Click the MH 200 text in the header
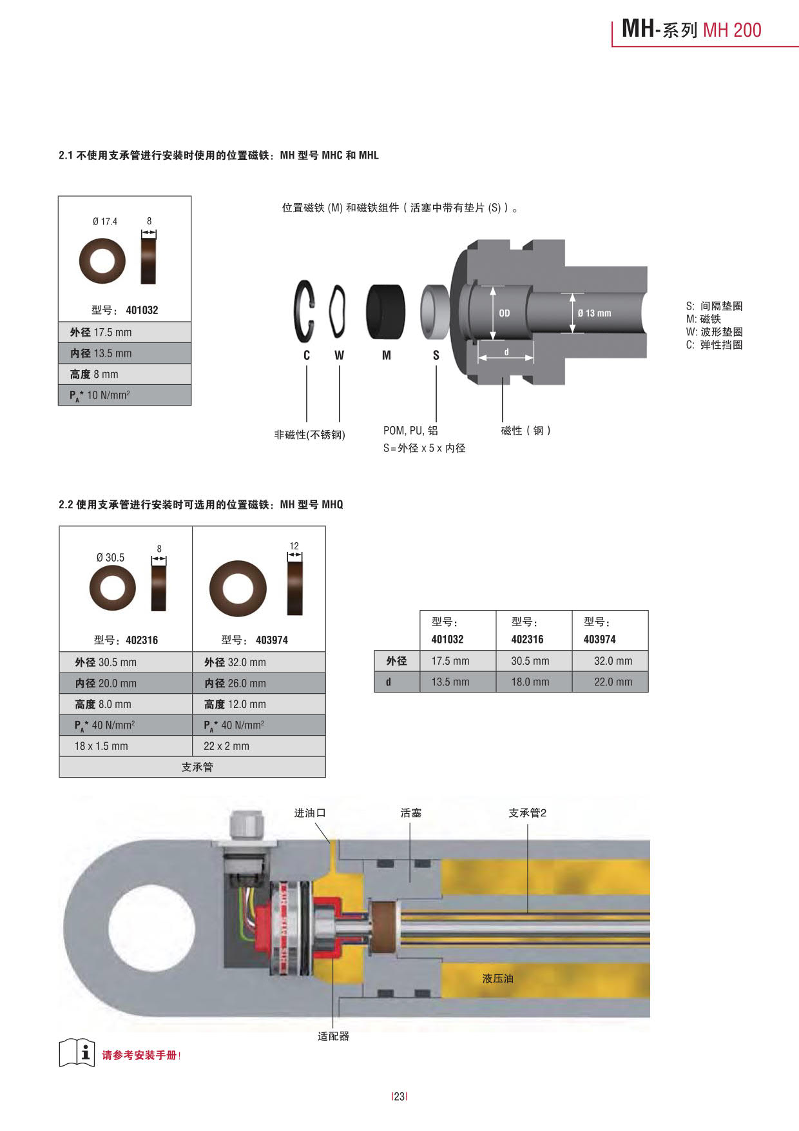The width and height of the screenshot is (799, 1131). pyautogui.click(x=732, y=30)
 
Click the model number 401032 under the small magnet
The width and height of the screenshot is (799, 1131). pyautogui.click(x=142, y=310)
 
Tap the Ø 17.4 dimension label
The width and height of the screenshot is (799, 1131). pyautogui.click(x=105, y=222)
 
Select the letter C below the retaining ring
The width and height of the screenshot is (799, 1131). pyautogui.click(x=307, y=355)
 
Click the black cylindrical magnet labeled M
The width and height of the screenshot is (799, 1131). pyautogui.click(x=385, y=312)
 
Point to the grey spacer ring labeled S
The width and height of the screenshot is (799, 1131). pyautogui.click(x=434, y=312)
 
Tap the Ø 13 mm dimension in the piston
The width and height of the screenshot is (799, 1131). pyautogui.click(x=594, y=313)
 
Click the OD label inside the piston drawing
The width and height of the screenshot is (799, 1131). pyautogui.click(x=505, y=313)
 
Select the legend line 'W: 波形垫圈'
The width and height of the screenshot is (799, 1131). pyautogui.click(x=714, y=332)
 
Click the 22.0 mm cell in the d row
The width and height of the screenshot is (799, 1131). pyautogui.click(x=613, y=682)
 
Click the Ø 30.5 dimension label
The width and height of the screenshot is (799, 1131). pyautogui.click(x=110, y=558)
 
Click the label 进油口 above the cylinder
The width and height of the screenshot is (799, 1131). pyautogui.click(x=310, y=813)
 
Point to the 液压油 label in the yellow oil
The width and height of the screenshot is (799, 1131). pyautogui.click(x=498, y=979)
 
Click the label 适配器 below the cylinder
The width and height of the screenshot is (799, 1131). pyautogui.click(x=333, y=1036)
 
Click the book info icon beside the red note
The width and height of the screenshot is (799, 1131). pyautogui.click(x=77, y=1053)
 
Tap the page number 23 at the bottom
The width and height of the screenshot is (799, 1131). pyautogui.click(x=400, y=1096)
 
